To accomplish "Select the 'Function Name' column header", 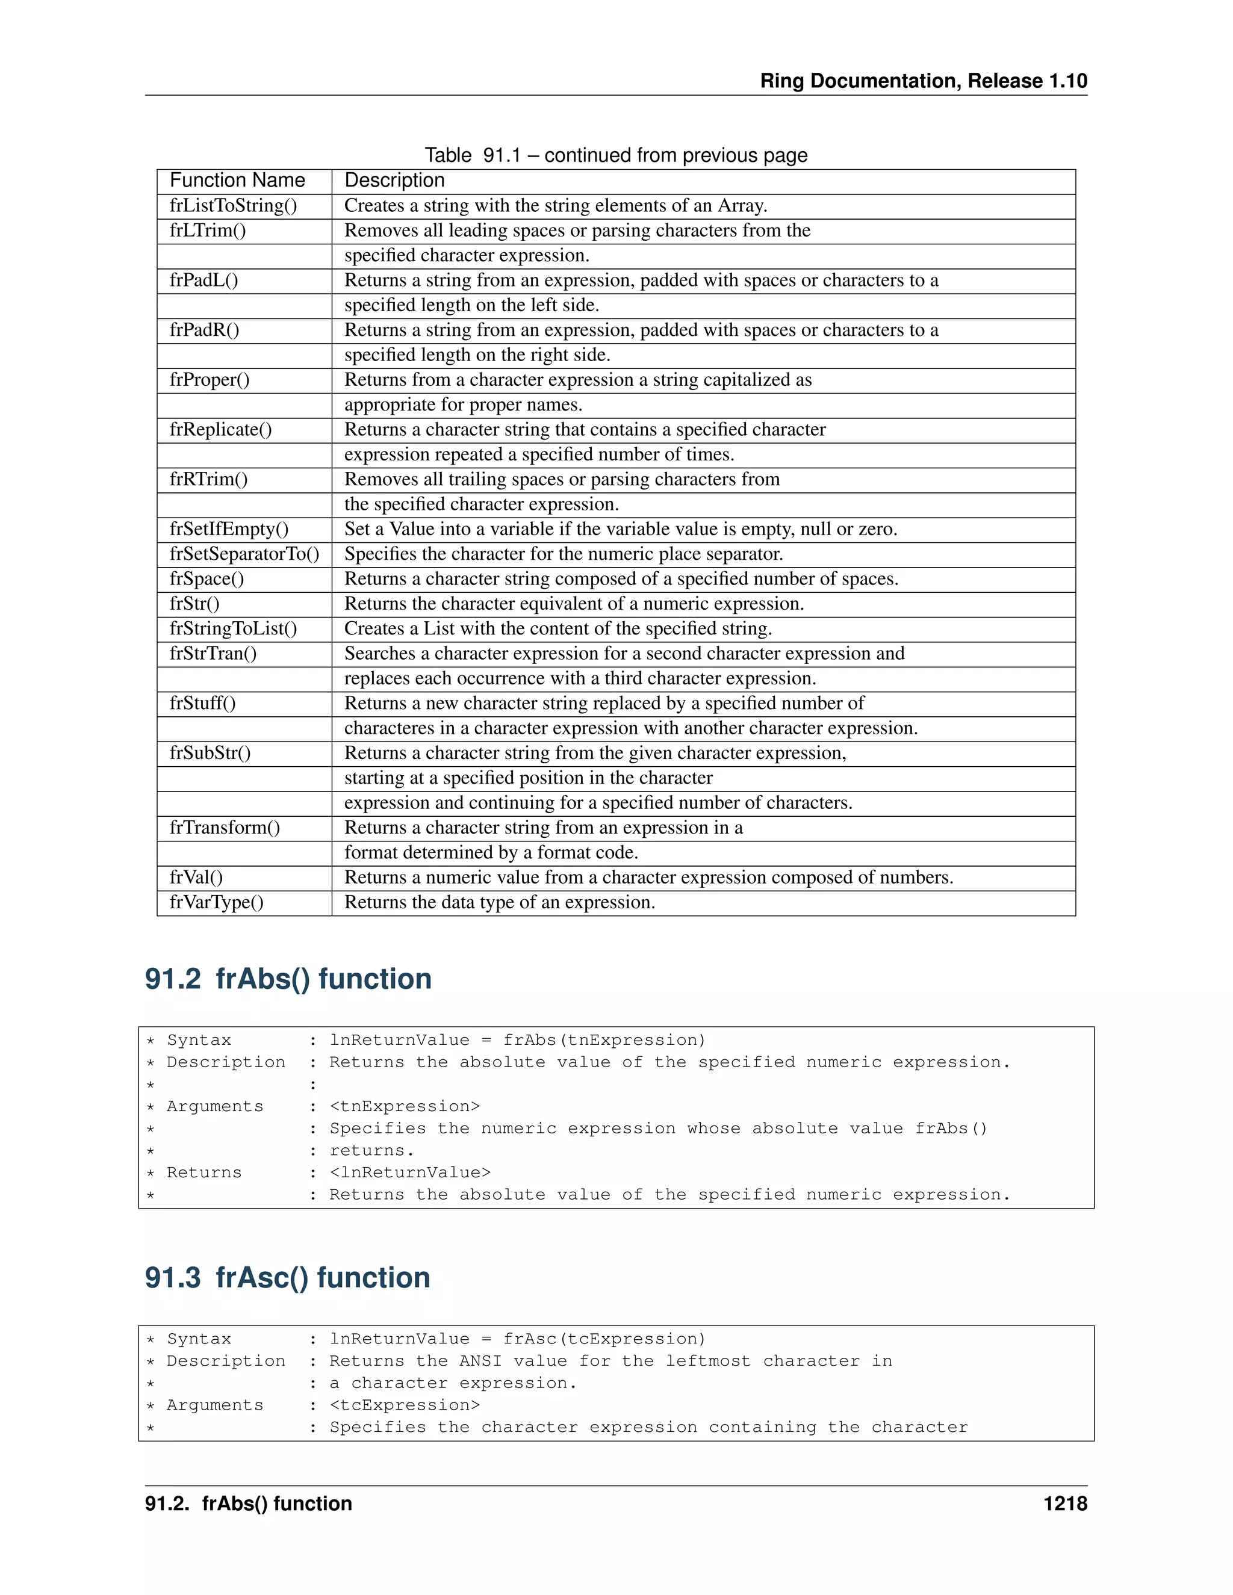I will (237, 181).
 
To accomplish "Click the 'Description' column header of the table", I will (394, 181).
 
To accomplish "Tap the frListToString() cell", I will (234, 206).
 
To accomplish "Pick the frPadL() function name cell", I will (204, 280).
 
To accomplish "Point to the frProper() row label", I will (210, 380).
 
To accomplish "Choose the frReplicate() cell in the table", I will (220, 429).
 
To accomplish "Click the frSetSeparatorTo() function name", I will (244, 554).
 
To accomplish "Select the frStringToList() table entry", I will (234, 629).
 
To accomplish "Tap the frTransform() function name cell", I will (225, 828).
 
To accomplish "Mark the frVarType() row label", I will (217, 903).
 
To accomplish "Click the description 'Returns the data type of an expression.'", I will (500, 903).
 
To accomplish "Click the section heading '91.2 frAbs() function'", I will (288, 979).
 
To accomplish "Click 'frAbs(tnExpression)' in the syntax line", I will (604, 1040).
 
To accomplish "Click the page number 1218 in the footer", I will (1065, 1504).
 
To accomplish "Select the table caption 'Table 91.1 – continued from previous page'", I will (616, 155).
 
